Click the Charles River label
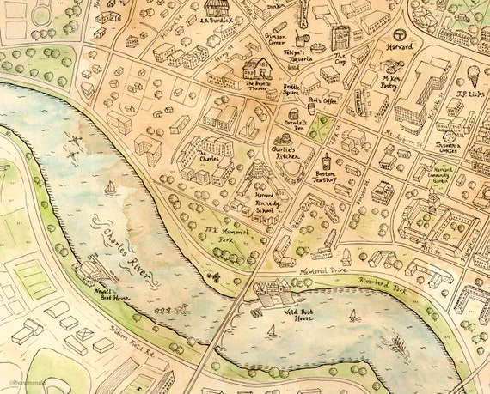point(128,252)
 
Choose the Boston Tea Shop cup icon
point(327,161)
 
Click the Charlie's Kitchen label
point(284,152)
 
